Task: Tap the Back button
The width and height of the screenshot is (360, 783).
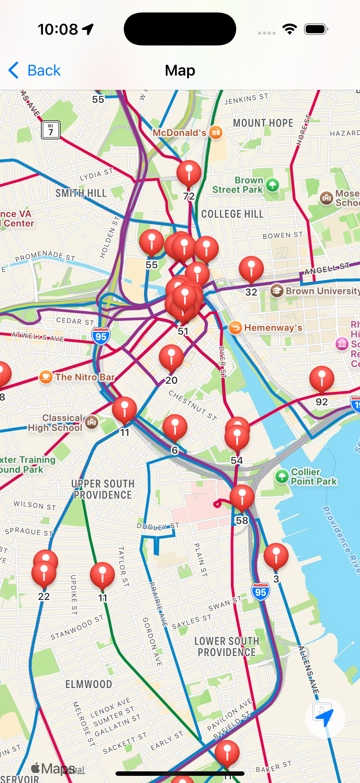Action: (x=34, y=70)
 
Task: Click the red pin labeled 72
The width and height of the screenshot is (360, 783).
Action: (x=189, y=173)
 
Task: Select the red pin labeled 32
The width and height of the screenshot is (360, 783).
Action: (x=251, y=269)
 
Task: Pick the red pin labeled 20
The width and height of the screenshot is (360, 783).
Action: (x=171, y=357)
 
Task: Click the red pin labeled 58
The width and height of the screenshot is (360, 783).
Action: (x=242, y=498)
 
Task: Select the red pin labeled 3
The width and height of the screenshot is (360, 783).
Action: (x=276, y=556)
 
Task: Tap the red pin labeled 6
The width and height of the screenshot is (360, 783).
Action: (x=175, y=427)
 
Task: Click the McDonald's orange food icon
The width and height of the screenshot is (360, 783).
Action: (x=216, y=132)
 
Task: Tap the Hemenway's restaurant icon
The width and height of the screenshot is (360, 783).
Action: (x=235, y=327)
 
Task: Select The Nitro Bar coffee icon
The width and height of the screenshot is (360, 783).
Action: (x=46, y=377)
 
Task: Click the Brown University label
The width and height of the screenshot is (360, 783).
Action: (x=322, y=291)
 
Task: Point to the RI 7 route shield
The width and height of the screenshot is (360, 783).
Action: (x=50, y=130)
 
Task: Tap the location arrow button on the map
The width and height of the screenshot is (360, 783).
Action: (x=324, y=718)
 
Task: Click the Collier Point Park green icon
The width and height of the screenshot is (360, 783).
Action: (x=281, y=476)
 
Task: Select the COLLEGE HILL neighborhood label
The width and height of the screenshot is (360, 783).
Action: (x=233, y=214)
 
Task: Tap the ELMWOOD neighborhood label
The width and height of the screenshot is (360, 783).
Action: (x=89, y=684)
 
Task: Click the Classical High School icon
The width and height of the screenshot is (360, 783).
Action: (x=91, y=422)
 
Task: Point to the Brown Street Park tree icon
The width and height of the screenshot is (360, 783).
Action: (x=272, y=185)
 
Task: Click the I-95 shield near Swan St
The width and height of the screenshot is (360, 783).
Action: (x=260, y=592)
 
